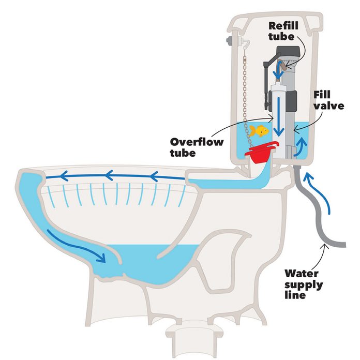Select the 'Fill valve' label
point(325,100)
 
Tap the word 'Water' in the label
point(305,274)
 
